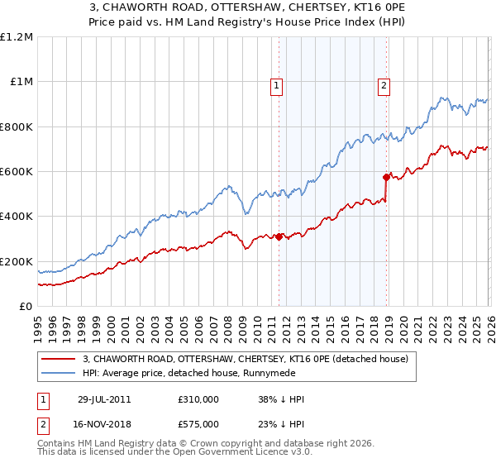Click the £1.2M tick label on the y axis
click(x=16, y=37)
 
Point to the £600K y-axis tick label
click(x=16, y=172)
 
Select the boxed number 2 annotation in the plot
click(x=385, y=84)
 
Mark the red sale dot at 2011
click(x=279, y=236)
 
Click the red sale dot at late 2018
click(x=386, y=177)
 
